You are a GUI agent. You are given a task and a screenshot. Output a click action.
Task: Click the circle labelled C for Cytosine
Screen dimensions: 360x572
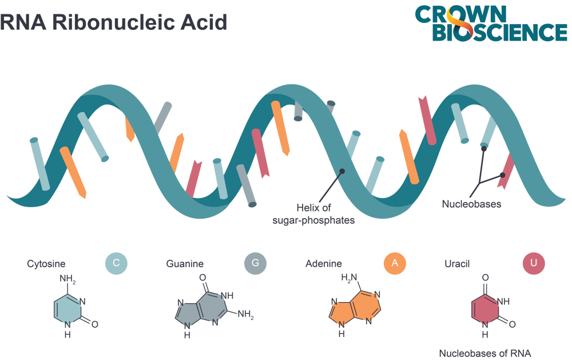(x=116, y=264)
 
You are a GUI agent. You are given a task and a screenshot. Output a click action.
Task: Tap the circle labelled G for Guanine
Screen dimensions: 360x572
(x=256, y=264)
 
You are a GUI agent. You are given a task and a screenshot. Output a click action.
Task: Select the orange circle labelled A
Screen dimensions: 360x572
(x=395, y=264)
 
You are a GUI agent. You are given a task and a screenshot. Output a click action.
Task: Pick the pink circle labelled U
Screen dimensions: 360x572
(x=534, y=264)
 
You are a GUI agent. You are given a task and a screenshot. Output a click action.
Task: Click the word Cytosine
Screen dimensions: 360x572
(x=46, y=264)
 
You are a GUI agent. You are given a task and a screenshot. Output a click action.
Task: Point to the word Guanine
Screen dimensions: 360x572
(x=185, y=264)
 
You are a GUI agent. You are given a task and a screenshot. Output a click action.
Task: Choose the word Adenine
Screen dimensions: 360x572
(x=324, y=264)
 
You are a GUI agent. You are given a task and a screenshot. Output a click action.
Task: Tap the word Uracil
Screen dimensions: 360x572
(x=456, y=264)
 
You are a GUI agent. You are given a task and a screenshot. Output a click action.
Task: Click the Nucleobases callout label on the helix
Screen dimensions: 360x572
(x=471, y=204)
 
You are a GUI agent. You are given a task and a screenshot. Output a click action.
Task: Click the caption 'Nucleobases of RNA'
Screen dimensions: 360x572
(x=485, y=354)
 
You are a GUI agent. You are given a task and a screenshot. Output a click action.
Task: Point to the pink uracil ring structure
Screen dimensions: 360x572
(x=485, y=310)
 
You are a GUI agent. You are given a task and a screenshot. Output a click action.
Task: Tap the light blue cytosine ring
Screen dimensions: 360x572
(x=67, y=310)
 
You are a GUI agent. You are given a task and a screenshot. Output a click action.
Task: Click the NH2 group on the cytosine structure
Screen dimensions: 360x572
(x=67, y=280)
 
